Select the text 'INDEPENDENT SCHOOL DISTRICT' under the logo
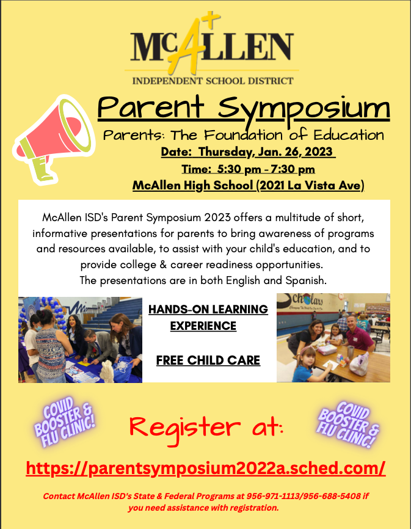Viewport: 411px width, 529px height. [213, 81]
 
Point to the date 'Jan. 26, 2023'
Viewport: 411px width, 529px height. [295, 152]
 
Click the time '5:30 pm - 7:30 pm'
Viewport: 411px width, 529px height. [266, 169]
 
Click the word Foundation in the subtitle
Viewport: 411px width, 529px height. [243, 135]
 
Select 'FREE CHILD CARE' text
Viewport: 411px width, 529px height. [208, 360]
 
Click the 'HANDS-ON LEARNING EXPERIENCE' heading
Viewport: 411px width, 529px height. [208, 318]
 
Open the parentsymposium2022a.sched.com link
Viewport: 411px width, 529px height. [206, 468]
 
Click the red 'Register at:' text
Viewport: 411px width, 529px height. [206, 428]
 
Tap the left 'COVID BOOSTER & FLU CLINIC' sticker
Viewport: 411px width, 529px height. [64, 421]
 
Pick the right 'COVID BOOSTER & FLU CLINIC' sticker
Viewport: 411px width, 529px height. [348, 425]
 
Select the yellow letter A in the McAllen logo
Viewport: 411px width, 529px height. [186, 45]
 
